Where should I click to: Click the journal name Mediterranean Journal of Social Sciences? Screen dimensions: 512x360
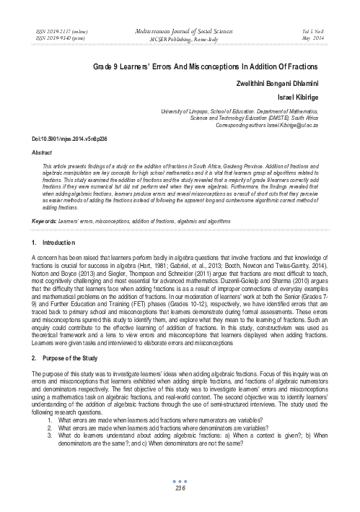point(180,32)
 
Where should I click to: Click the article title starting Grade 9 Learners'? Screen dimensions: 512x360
point(180,66)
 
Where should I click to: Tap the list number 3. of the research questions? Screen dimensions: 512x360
point(50,433)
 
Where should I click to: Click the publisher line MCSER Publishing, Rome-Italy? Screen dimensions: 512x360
point(180,39)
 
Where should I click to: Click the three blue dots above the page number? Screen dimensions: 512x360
point(180,480)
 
